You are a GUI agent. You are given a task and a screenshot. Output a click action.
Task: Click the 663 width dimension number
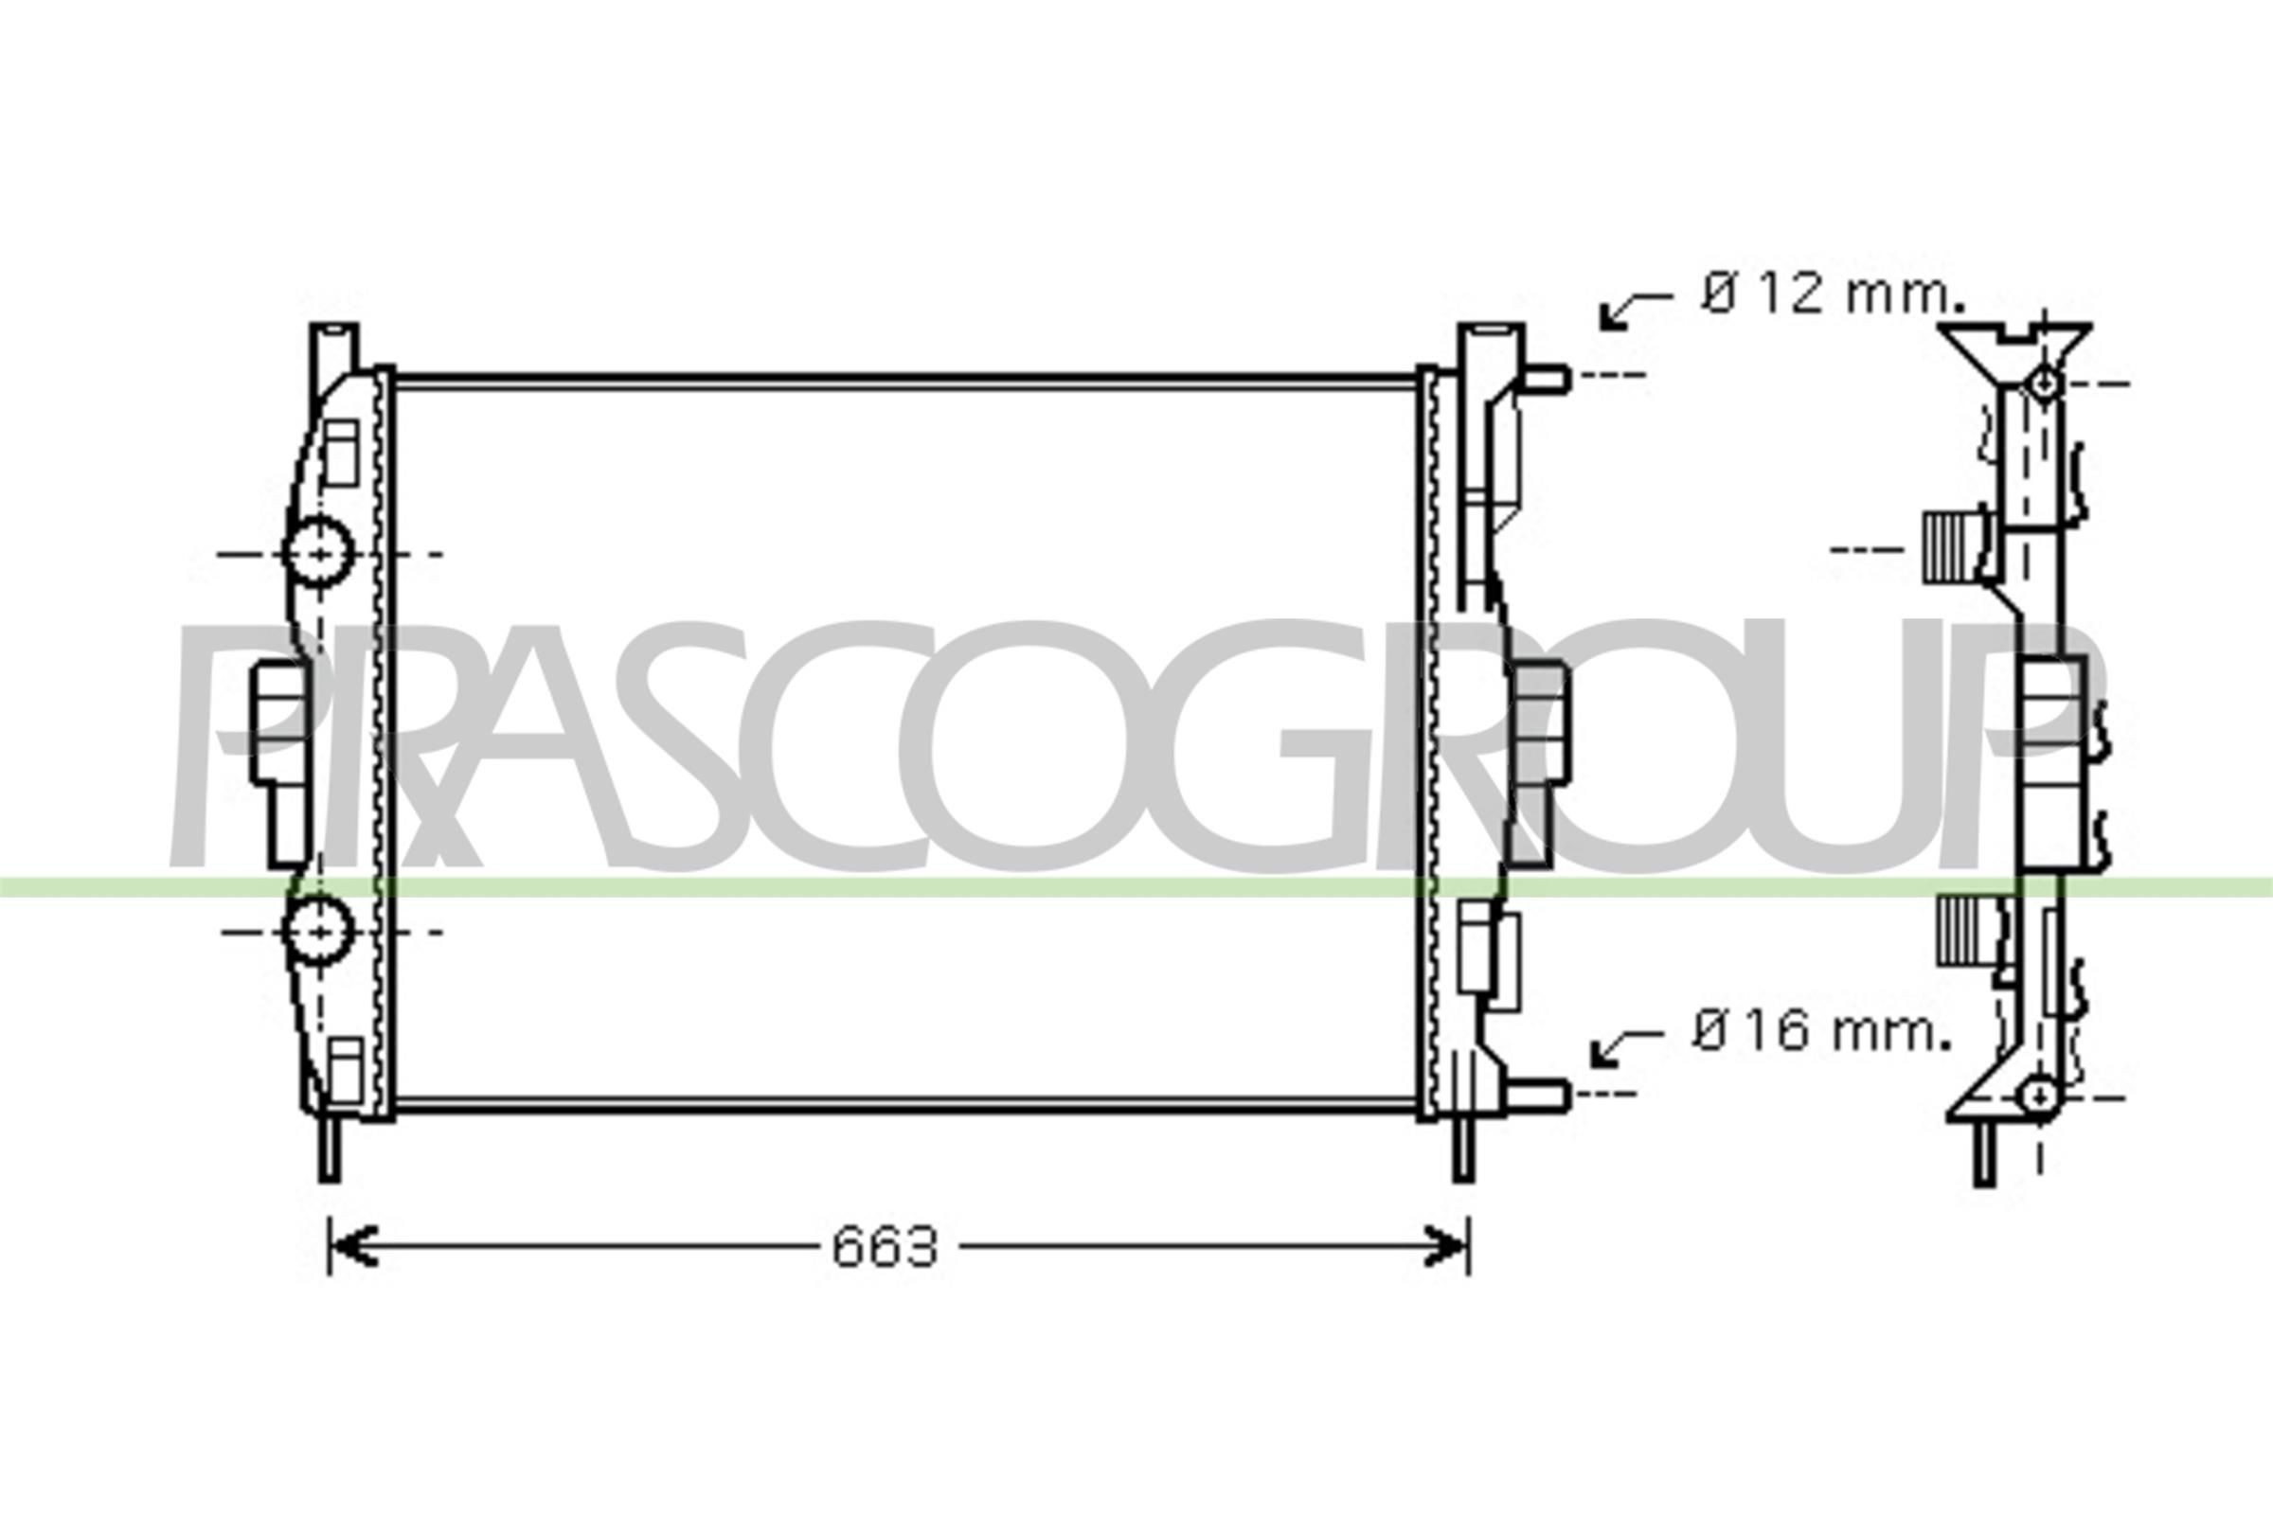pyautogui.click(x=885, y=1247)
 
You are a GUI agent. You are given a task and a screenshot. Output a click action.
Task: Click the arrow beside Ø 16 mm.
pyautogui.click(x=1626, y=1047)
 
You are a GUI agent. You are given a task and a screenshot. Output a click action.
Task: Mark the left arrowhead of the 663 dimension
pyautogui.click(x=349, y=1246)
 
